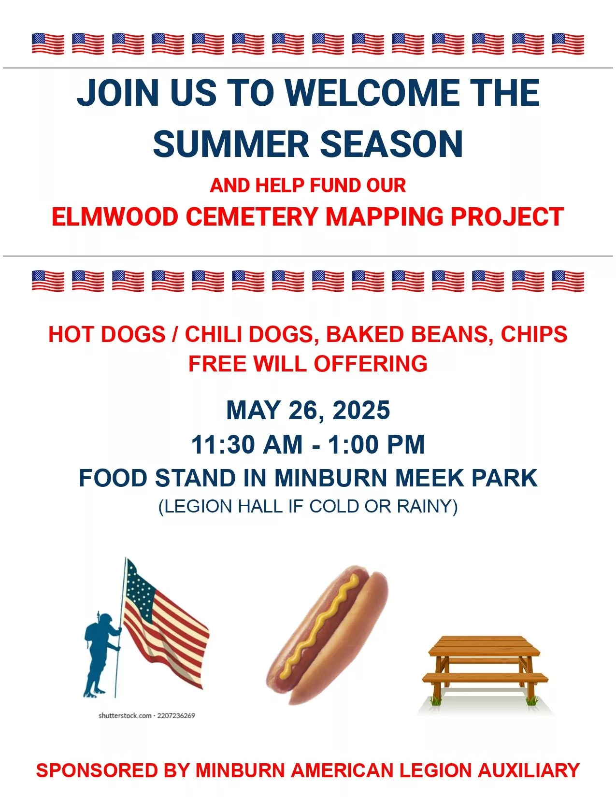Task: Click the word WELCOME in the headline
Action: pos(372,92)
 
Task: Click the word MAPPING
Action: pos(384,216)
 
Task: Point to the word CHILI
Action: pos(213,334)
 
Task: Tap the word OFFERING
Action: pos(371,363)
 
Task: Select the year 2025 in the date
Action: pos(361,410)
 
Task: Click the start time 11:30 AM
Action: pos(247,444)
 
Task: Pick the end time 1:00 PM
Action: pos(376,444)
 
